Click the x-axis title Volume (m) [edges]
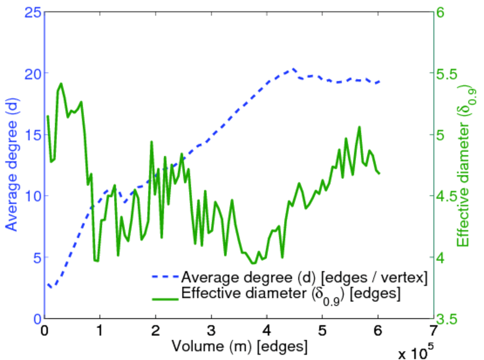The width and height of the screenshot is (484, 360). tap(240, 346)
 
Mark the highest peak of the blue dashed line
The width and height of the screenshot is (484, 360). tap(294, 69)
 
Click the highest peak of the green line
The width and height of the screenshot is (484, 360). tap(61, 83)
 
